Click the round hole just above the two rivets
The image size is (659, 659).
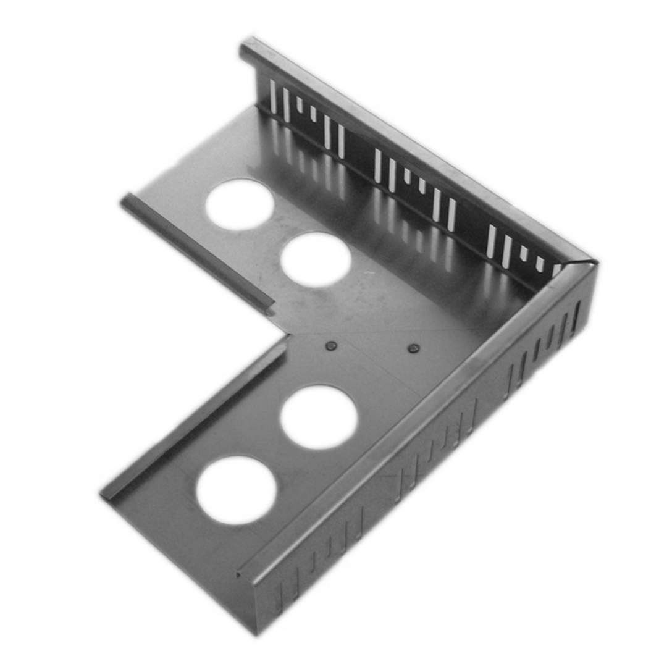click(x=316, y=259)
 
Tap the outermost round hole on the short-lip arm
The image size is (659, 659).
click(x=240, y=204)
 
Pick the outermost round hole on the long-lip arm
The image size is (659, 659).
click(x=236, y=490)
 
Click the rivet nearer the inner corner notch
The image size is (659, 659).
click(x=331, y=346)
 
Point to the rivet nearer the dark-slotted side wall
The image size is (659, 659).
click(x=414, y=349)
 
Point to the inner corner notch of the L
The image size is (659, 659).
click(x=285, y=337)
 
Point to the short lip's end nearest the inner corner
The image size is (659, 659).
click(x=269, y=307)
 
